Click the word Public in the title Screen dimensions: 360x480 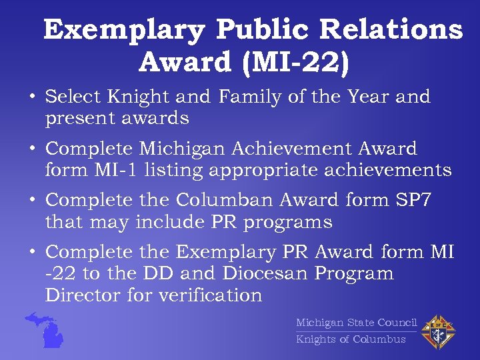pyautogui.click(x=263, y=31)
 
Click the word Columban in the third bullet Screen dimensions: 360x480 pyautogui.click(x=225, y=200)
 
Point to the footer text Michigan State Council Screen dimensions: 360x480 pyautogui.click(x=356, y=323)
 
